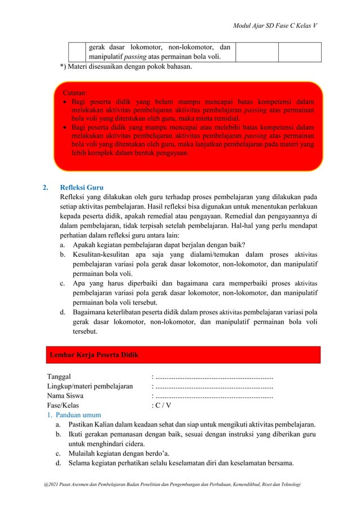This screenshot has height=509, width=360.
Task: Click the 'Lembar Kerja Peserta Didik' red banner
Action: (183, 354)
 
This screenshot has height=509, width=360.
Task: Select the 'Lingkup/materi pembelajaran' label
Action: (90, 387)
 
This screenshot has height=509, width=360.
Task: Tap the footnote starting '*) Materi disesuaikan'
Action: (126, 67)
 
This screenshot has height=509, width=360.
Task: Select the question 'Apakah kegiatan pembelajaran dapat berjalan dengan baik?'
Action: (159, 245)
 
